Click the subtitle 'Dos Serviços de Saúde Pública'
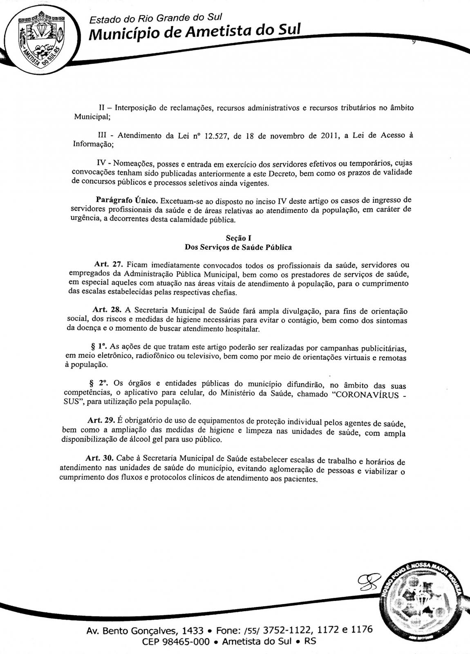click(x=238, y=247)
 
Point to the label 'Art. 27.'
click(x=106, y=265)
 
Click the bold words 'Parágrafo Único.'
click(x=127, y=201)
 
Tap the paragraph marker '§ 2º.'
click(x=98, y=383)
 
